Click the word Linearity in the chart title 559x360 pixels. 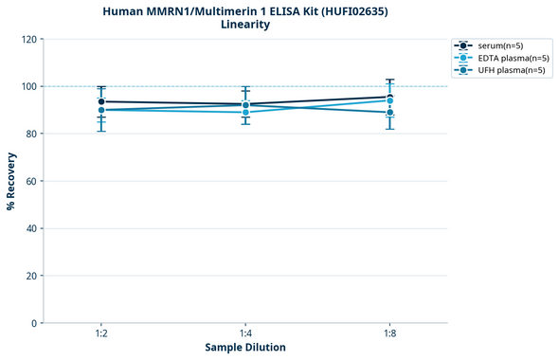coord(245,25)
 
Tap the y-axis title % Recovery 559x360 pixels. coord(11,180)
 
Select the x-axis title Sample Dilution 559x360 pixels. coord(245,348)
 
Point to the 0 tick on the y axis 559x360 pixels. coord(33,323)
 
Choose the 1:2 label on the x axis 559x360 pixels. coord(100,333)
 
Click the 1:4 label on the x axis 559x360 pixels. coord(245,333)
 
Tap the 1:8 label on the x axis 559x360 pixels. coord(389,333)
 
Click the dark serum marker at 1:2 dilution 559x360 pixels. coord(100,101)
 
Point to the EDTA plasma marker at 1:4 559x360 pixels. coord(245,112)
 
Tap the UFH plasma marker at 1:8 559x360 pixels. coord(389,113)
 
